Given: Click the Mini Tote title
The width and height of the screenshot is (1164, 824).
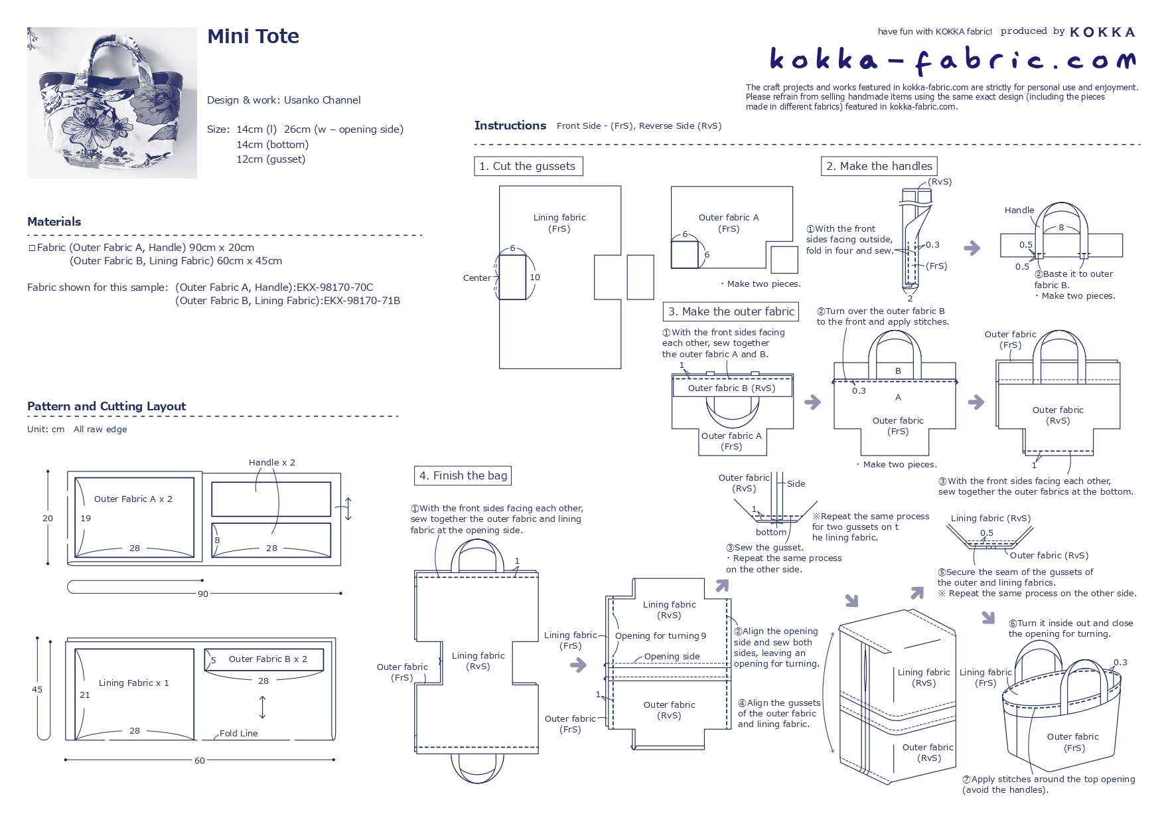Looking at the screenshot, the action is pyautogui.click(x=253, y=37).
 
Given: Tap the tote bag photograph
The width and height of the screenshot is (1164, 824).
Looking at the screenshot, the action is pyautogui.click(x=112, y=103).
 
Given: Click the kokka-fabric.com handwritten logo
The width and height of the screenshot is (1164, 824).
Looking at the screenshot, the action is pyautogui.click(x=952, y=60).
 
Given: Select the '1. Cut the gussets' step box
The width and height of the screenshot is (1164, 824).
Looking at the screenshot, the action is pyautogui.click(x=528, y=166).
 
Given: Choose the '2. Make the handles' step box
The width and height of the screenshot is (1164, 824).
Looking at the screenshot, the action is pyautogui.click(x=879, y=166).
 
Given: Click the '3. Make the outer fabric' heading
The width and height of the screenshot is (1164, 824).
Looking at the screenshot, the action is pyautogui.click(x=731, y=311).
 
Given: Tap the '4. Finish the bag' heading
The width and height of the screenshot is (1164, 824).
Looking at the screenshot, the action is pyautogui.click(x=463, y=475).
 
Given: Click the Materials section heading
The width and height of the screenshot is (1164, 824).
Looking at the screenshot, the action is pyautogui.click(x=54, y=222).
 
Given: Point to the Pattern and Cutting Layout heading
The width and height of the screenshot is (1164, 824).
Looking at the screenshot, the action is pyautogui.click(x=107, y=406).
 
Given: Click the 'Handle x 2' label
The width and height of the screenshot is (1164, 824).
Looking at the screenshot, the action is pyautogui.click(x=272, y=462).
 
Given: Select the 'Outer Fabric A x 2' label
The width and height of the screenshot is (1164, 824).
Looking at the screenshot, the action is pyautogui.click(x=133, y=499).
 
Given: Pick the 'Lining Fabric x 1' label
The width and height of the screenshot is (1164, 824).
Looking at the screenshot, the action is pyautogui.click(x=134, y=683).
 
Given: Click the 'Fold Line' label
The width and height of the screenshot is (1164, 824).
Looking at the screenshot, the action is pyautogui.click(x=239, y=733).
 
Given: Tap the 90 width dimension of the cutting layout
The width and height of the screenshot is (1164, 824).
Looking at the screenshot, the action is pyautogui.click(x=203, y=594).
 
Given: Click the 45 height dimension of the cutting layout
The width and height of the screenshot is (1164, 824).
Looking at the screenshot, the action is pyautogui.click(x=37, y=689).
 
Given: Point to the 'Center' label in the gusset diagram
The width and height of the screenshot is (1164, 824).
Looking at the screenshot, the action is pyautogui.click(x=477, y=278).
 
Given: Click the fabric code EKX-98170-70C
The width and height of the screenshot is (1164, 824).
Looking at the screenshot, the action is pyautogui.click(x=335, y=288).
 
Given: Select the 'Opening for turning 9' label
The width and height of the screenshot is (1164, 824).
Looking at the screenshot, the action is pyautogui.click(x=661, y=635).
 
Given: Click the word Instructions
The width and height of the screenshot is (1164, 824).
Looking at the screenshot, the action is pyautogui.click(x=510, y=125).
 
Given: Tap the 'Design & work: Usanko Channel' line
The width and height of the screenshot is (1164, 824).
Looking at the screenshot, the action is pyautogui.click(x=284, y=100).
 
